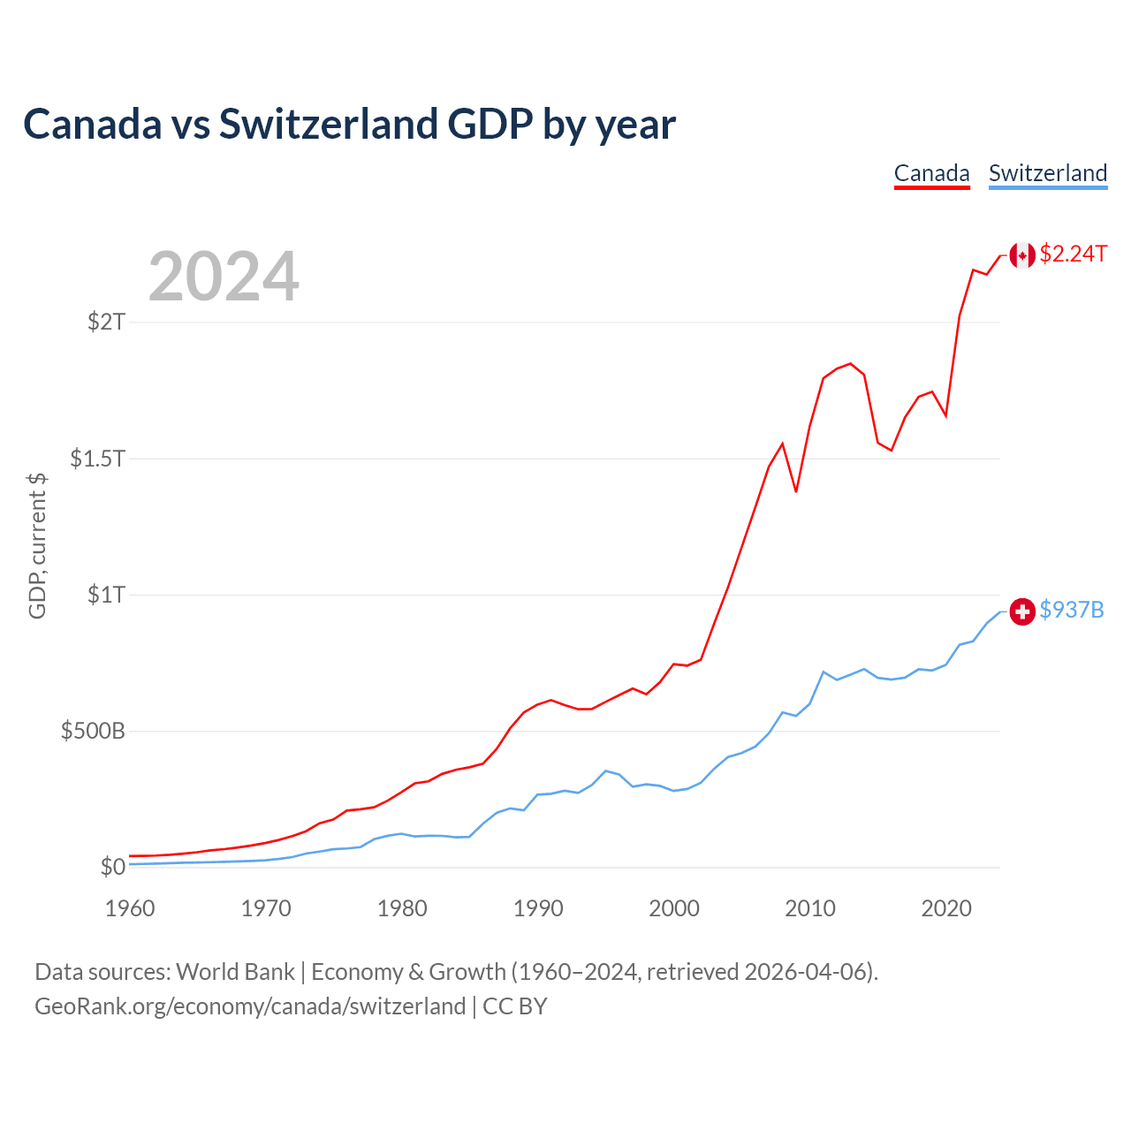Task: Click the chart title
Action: (x=349, y=125)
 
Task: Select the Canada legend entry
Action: (x=931, y=173)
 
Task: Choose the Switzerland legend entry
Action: (x=1047, y=173)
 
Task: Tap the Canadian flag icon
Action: (x=1022, y=255)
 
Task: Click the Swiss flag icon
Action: (x=1022, y=611)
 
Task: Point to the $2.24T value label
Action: (x=1073, y=254)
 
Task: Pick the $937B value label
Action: (x=1072, y=611)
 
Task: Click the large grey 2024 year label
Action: (x=224, y=277)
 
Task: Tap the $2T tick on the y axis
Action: (x=107, y=322)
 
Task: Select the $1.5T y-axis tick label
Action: (x=98, y=459)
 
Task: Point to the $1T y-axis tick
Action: (x=107, y=595)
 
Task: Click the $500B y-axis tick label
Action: (x=93, y=732)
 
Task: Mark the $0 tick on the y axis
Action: (x=113, y=868)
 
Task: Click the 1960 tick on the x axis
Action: (x=130, y=909)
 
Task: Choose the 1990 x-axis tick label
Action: (x=538, y=909)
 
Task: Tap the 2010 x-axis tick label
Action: (x=810, y=909)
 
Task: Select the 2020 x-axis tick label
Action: (x=946, y=909)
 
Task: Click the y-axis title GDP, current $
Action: (x=37, y=546)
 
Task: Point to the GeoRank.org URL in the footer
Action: (x=250, y=1006)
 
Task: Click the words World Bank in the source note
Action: (x=235, y=972)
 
